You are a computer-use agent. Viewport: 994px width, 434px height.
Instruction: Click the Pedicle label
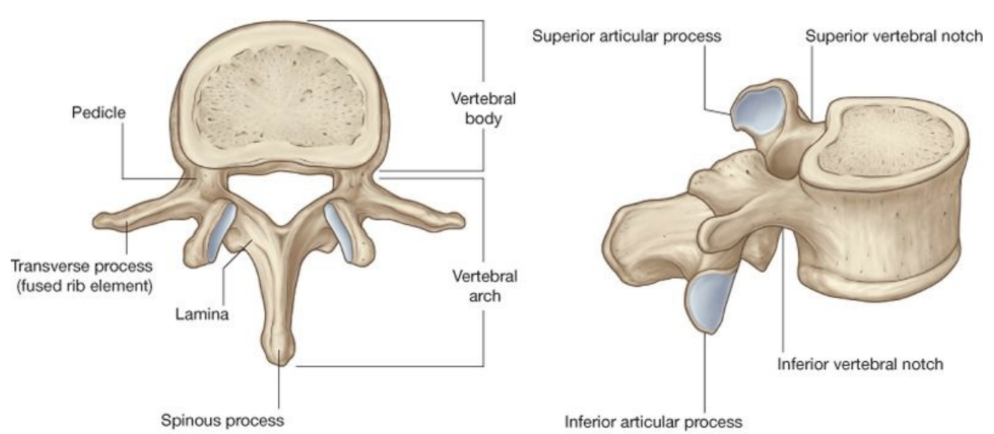click(99, 114)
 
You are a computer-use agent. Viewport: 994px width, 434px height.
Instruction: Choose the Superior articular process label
click(627, 36)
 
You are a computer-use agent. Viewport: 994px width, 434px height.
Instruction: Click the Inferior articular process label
click(653, 421)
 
